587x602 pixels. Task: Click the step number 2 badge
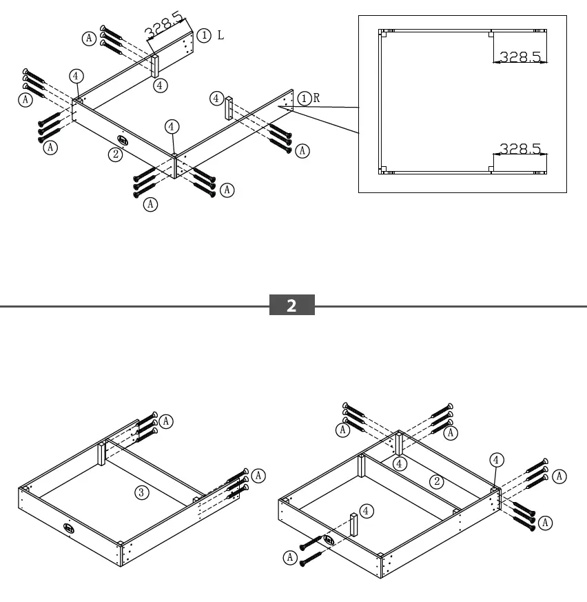(291, 305)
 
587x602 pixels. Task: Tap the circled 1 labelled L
(204, 34)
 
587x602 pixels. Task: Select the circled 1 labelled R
(305, 98)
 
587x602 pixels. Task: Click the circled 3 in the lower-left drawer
(141, 492)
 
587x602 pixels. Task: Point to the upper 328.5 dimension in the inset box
(520, 57)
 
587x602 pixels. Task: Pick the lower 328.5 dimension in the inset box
(520, 148)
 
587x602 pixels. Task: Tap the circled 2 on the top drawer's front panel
(116, 154)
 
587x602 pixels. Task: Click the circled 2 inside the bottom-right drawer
(435, 481)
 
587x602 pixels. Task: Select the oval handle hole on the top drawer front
(123, 140)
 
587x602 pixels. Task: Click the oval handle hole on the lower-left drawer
(70, 528)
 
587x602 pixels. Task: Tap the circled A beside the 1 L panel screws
(89, 39)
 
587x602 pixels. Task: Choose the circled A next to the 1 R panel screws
(302, 150)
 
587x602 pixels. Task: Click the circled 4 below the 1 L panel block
(160, 86)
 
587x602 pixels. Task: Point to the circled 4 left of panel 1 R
(216, 99)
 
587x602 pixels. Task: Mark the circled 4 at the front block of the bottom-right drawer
(367, 511)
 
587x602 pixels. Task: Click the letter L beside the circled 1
(220, 34)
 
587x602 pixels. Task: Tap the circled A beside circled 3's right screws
(258, 475)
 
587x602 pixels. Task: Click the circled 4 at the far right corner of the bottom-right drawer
(496, 459)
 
